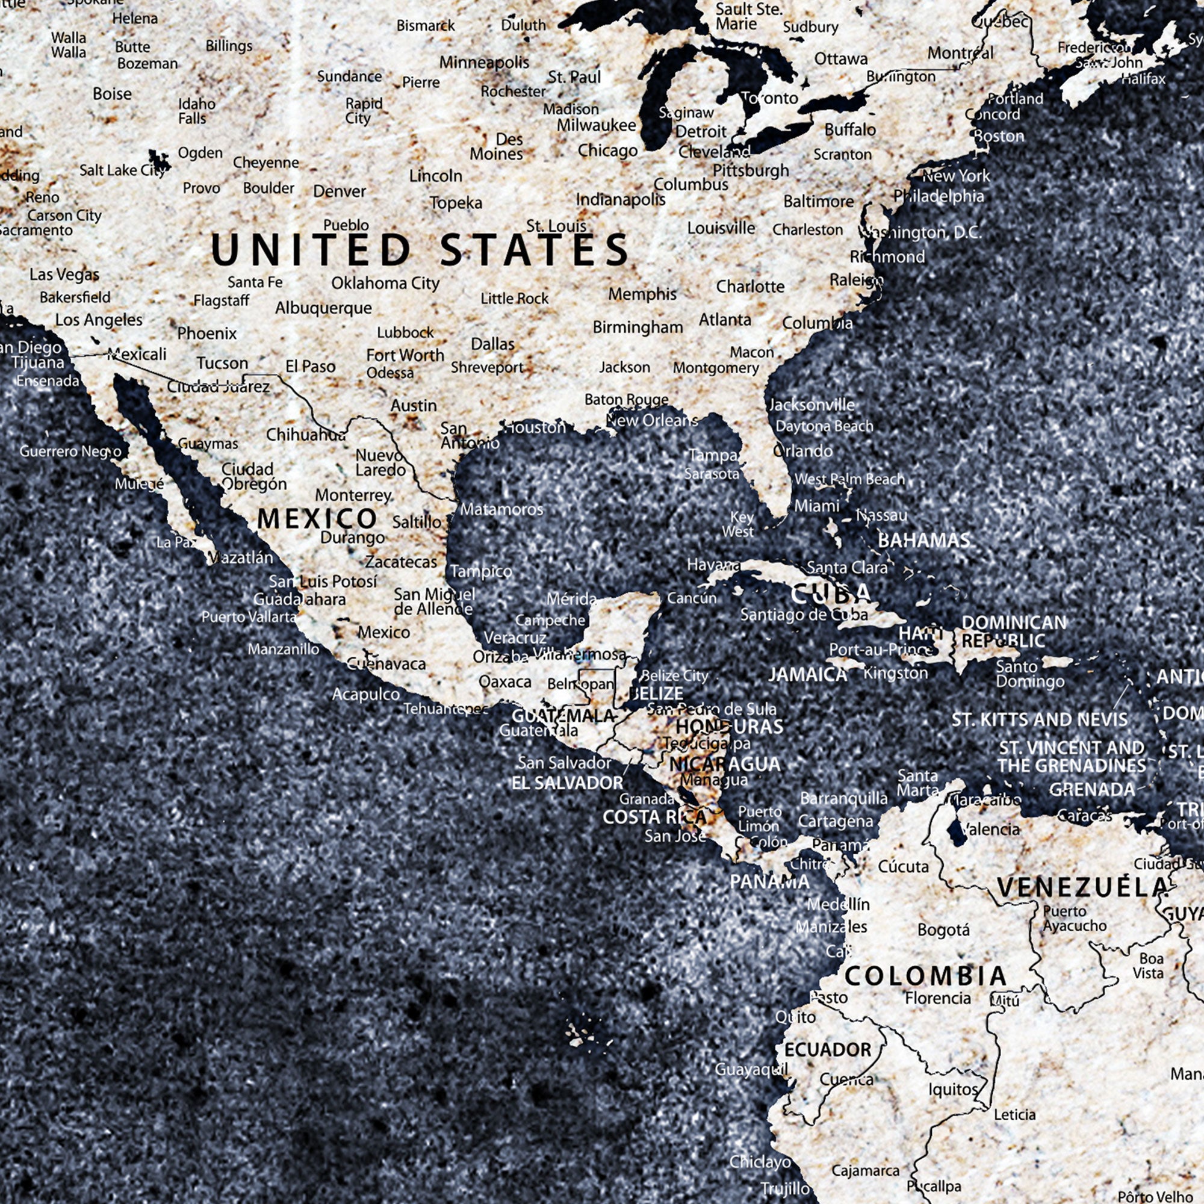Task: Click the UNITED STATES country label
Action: [419, 249]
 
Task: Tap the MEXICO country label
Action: [317, 518]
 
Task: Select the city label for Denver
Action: [339, 191]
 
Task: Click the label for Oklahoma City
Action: [385, 283]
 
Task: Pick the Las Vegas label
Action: [64, 274]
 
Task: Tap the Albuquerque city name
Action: [323, 308]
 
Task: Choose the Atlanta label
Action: [724, 320]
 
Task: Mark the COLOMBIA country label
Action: [925, 976]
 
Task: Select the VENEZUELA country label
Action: [1082, 887]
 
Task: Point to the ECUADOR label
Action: [827, 1050]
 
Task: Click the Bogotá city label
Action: [943, 931]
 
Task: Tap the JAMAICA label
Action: [808, 674]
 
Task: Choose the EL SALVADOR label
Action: [566, 783]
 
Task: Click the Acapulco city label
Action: [365, 694]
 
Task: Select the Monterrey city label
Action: [353, 495]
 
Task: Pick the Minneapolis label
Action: [483, 63]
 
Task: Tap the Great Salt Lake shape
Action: [159, 161]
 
